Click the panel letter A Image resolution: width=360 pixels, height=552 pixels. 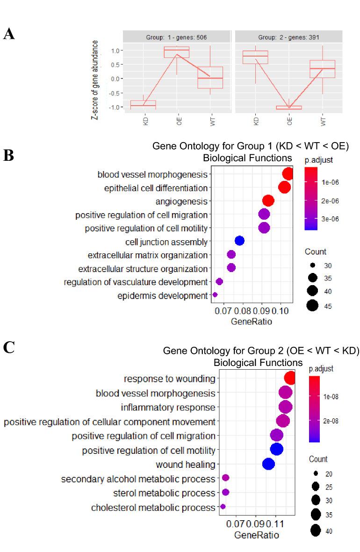(8, 34)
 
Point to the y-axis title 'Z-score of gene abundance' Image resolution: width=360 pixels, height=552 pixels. (95, 79)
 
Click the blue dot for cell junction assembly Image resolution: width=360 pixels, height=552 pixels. (239, 241)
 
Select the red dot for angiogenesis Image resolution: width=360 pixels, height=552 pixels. (268, 201)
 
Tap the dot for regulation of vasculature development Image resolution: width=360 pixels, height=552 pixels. (219, 281)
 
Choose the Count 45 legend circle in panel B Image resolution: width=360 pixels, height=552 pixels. (313, 306)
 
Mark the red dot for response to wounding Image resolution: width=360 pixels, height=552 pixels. (290, 378)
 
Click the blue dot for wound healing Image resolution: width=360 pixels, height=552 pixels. (268, 464)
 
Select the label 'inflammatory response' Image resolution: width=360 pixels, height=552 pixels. (168, 407)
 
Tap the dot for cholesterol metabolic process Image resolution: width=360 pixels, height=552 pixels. (223, 507)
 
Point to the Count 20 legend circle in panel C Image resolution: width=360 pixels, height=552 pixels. (316, 473)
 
